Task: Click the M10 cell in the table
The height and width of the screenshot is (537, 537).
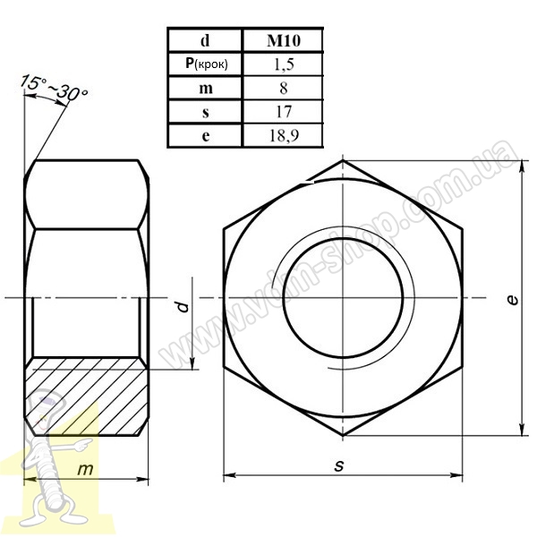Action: click(283, 41)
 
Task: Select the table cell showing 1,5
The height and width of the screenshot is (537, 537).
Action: click(283, 64)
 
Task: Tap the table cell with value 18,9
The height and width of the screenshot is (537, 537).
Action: click(283, 136)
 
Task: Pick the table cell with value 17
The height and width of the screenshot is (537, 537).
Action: click(283, 112)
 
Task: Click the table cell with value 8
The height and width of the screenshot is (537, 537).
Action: click(283, 88)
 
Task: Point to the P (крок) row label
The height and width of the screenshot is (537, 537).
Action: click(206, 64)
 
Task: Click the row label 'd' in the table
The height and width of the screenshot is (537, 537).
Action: click(205, 41)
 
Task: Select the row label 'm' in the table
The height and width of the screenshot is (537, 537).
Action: click(206, 89)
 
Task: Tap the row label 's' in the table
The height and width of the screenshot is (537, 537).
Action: click(206, 113)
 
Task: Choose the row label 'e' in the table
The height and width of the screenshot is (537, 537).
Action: click(206, 136)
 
